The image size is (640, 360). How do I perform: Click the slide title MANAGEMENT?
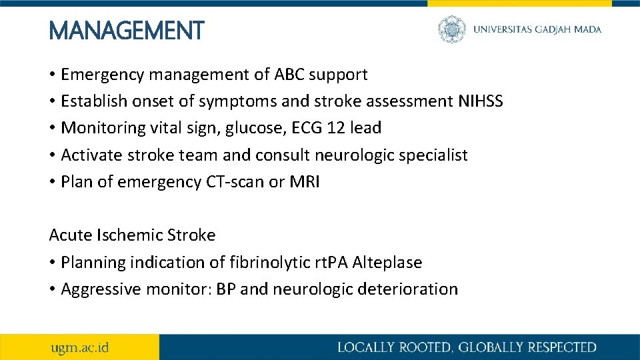127,30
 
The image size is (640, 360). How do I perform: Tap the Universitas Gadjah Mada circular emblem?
451,29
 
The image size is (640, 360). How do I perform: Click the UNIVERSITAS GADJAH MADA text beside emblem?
537,29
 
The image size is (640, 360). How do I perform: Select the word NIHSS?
481,101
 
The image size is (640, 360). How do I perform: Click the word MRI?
305,182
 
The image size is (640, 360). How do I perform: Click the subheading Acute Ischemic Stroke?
132,235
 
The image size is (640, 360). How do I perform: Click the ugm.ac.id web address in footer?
81,347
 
